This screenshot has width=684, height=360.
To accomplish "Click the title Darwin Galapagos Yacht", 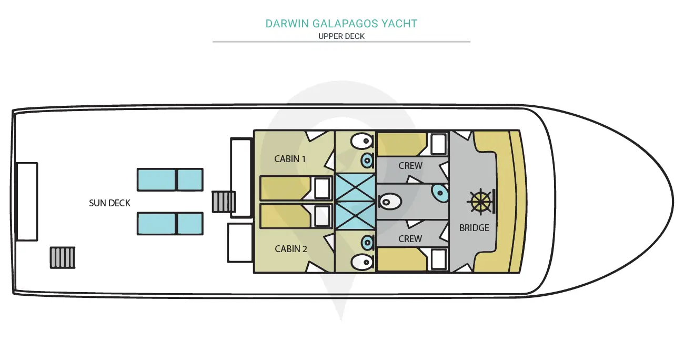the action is (341, 24).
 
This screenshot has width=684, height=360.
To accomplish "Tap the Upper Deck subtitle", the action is (341, 36).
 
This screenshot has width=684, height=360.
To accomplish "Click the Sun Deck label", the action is (109, 203).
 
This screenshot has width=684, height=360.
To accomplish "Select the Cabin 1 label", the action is (290, 159).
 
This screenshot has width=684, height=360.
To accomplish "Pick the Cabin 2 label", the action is (290, 249).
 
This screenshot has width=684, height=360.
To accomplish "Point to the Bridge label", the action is (474, 228).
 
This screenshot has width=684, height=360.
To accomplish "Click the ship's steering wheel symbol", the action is (481, 202).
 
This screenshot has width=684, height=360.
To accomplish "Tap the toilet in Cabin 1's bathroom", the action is (362, 141).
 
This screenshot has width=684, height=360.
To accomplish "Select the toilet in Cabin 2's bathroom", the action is (362, 262).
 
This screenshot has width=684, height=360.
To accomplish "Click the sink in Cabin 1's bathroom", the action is (367, 161).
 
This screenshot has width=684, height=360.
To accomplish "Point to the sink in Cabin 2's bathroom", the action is (367, 243).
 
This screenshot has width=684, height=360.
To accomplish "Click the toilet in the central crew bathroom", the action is (390, 202).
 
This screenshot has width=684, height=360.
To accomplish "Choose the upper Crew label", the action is (410, 166).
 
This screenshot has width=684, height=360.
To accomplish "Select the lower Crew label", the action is (410, 239).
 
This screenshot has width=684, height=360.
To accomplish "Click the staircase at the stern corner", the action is (63, 258).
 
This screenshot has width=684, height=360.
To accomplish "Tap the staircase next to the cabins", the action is (224, 202).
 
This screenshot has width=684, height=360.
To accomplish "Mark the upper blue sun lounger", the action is (170, 179).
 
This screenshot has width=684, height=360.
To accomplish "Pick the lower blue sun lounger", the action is (170, 224).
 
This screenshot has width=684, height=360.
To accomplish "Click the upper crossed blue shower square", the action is (355, 188).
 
